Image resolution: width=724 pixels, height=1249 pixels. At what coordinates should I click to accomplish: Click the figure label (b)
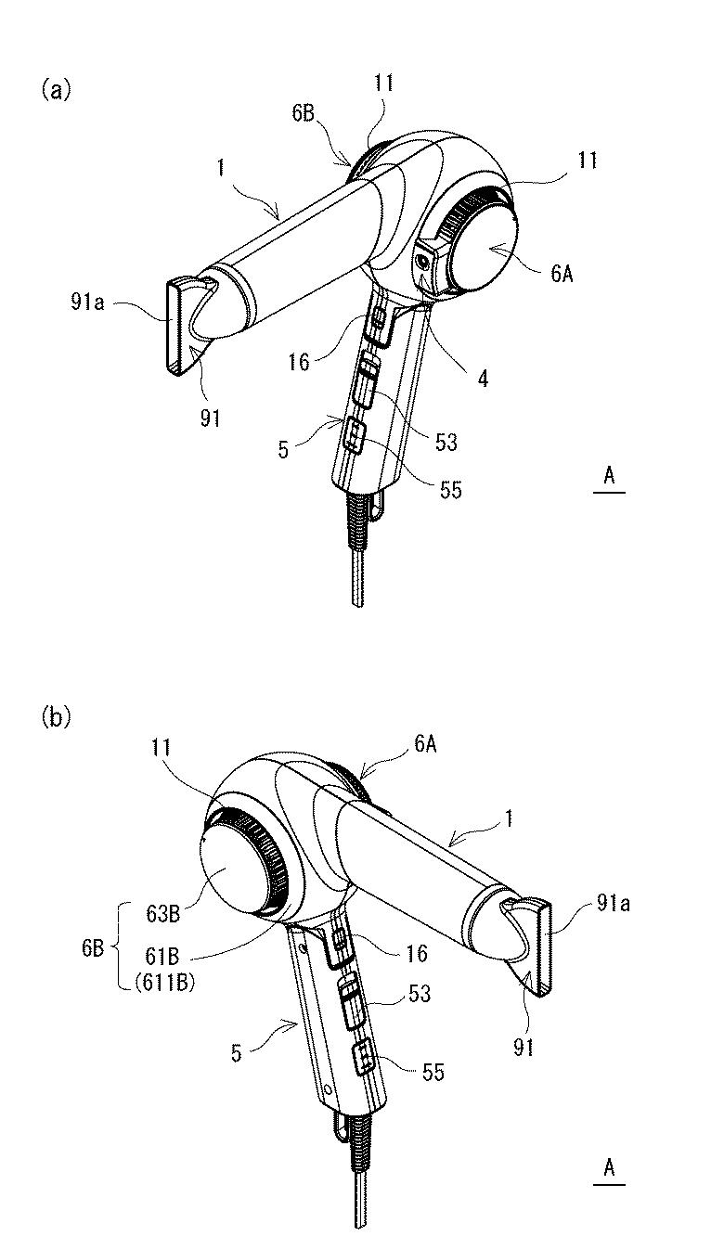(55, 717)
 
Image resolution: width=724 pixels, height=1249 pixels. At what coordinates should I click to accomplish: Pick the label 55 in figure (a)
(450, 491)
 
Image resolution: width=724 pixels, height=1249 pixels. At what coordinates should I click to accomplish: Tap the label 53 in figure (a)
(446, 443)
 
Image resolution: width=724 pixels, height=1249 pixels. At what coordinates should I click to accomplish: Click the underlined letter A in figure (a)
(609, 476)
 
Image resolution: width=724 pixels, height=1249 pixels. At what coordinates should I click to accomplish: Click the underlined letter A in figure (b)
(609, 1168)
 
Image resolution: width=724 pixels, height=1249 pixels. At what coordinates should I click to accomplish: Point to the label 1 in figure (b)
(508, 820)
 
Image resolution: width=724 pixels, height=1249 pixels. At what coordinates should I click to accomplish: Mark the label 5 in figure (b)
(237, 1054)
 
